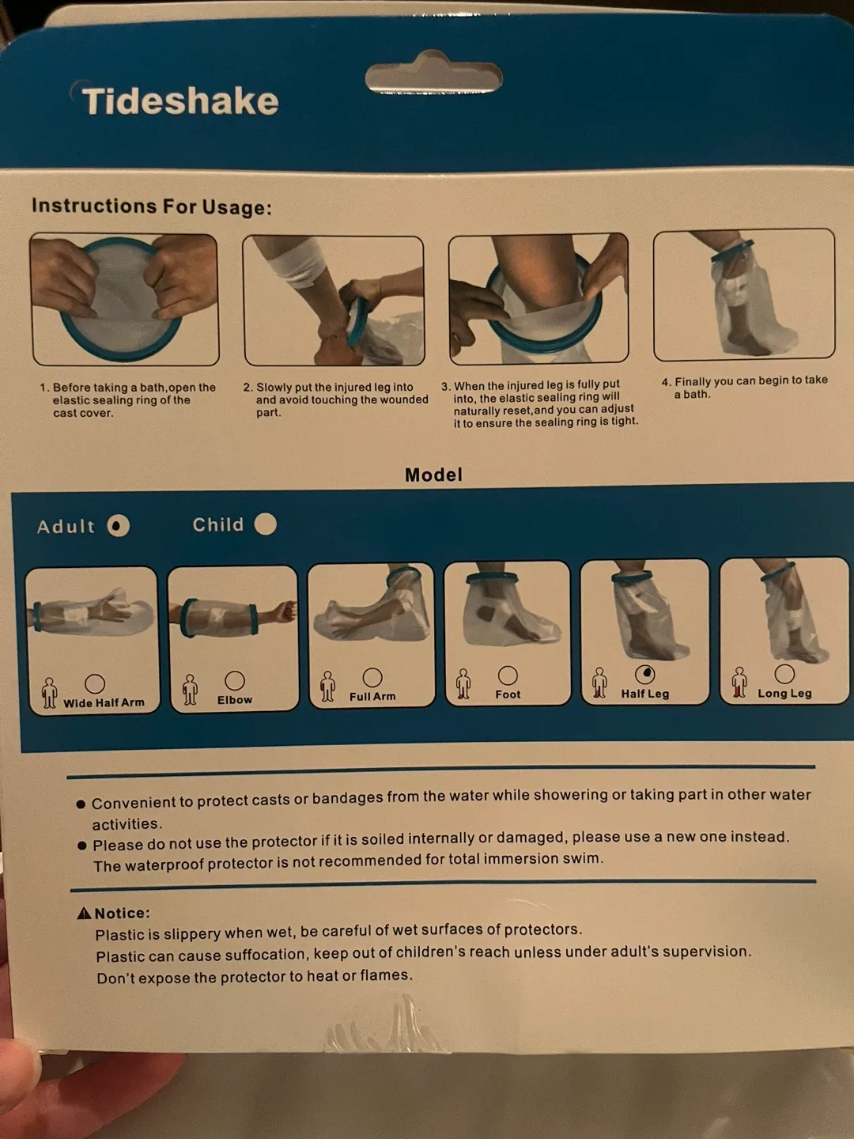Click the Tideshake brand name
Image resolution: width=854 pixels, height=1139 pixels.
tap(180, 101)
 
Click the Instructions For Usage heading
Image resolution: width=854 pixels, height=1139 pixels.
tap(151, 206)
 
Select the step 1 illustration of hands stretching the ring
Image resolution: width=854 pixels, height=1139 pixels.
tap(124, 299)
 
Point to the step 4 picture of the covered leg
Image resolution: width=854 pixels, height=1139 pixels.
tap(743, 294)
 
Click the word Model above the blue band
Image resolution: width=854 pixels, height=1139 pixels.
tap(433, 475)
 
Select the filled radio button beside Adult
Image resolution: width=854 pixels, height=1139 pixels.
tap(119, 526)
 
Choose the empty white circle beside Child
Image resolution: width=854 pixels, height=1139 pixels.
tap(266, 524)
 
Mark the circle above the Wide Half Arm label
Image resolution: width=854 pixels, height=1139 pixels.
tap(95, 683)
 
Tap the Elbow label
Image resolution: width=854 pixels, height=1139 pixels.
tap(235, 700)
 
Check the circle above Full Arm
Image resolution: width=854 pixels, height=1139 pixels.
tap(372, 677)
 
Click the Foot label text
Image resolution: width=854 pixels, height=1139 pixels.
tap(508, 694)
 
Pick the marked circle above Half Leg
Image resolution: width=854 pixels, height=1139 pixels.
tap(645, 674)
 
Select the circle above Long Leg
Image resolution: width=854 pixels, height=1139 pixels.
tap(784, 673)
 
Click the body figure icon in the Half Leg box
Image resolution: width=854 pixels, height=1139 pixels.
tap(599, 683)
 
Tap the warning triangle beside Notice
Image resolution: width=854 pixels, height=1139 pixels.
tap(85, 914)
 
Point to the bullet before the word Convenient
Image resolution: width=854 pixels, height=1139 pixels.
tap(81, 804)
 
